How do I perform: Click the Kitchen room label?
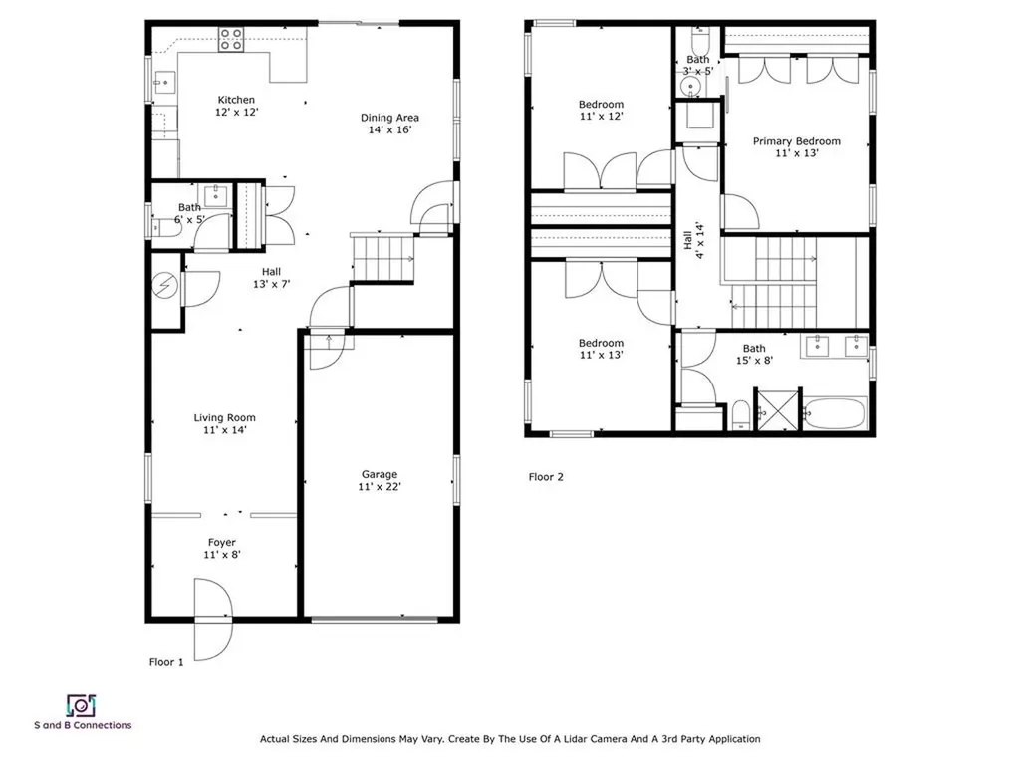237,100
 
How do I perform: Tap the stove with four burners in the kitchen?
231,39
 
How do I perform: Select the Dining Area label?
389,118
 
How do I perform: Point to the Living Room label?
224,418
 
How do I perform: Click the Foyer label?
221,543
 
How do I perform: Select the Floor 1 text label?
166,662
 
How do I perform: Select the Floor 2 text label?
546,477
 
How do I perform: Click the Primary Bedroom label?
796,141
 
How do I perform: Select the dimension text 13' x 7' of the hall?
271,284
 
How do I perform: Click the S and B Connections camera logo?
80,705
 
